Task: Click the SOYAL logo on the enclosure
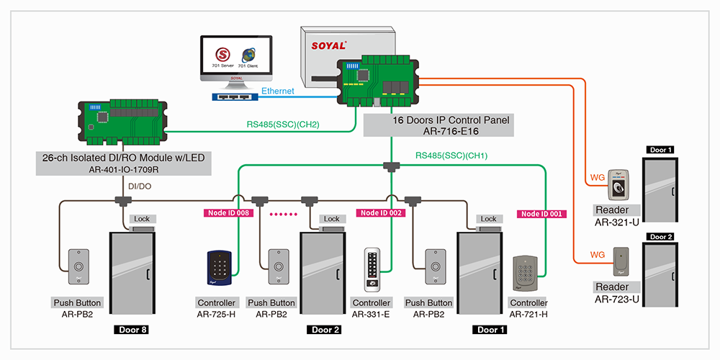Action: tap(330, 45)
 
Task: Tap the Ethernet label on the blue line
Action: tap(277, 91)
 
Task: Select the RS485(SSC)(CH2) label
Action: tap(283, 125)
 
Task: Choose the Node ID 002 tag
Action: tap(381, 213)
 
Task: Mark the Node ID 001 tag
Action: tap(541, 213)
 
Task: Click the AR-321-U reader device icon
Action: tap(618, 184)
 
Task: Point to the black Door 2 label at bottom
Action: tap(327, 330)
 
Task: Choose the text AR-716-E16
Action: tap(436, 131)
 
